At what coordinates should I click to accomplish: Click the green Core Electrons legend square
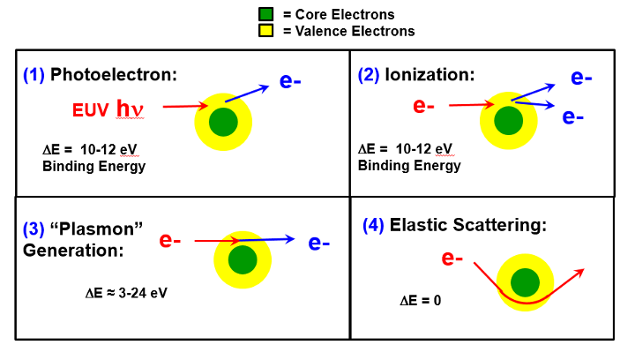point(265,14)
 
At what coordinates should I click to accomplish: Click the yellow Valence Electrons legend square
point(265,31)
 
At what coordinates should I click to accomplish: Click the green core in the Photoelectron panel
point(223,121)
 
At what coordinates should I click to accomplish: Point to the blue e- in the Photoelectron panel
point(290,81)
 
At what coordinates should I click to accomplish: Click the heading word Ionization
point(430,74)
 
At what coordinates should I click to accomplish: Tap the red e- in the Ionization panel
point(424,107)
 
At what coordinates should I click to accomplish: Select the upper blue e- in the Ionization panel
point(581,78)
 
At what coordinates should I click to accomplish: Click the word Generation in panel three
point(73,250)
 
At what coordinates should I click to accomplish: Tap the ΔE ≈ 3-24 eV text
point(123,292)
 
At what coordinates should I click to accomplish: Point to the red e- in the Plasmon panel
point(170,240)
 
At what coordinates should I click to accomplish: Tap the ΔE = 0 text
point(421,301)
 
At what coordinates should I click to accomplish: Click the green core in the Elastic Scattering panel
point(525,282)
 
